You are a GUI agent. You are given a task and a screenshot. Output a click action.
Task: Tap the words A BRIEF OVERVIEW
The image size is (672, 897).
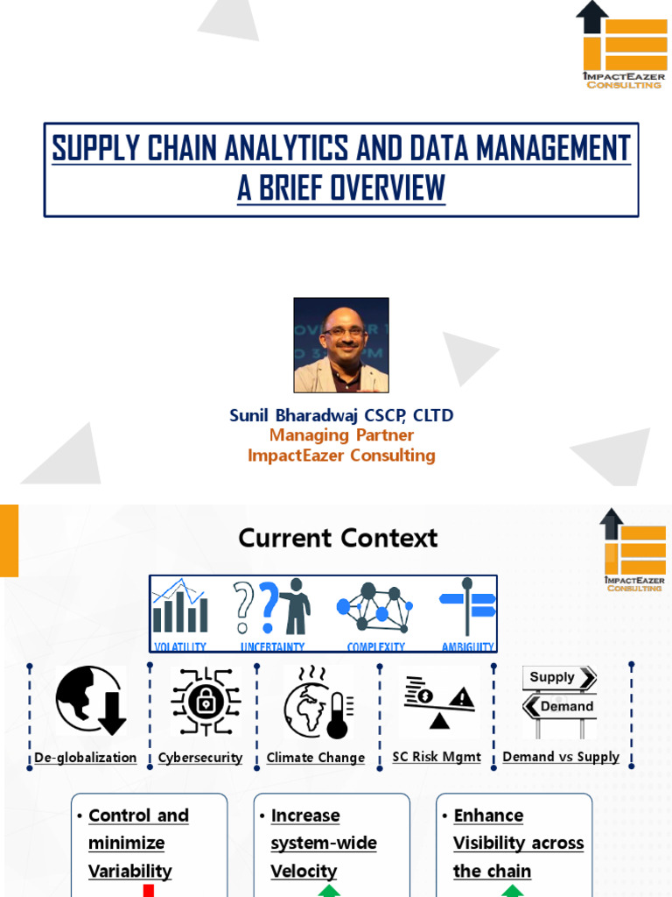point(341,188)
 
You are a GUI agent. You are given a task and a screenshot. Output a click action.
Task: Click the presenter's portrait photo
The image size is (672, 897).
point(341,345)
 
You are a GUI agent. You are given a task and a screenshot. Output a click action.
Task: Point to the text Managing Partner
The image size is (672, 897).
point(341,435)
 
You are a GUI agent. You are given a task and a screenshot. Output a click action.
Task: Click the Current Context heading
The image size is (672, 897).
point(338,538)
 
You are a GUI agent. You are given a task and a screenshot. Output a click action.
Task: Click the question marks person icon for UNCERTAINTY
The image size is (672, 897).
point(272,606)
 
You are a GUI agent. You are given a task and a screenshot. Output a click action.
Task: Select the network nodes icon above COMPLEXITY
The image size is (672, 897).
point(374,606)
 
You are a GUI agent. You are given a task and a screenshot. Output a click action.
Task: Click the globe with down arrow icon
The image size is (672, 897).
point(90,700)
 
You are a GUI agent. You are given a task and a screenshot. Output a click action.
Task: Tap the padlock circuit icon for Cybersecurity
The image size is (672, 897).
point(206,702)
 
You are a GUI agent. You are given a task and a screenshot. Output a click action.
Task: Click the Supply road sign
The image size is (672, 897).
point(559,677)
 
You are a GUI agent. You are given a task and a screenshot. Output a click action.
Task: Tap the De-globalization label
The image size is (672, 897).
point(86,758)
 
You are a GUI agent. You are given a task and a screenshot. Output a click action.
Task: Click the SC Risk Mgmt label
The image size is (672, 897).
point(437,757)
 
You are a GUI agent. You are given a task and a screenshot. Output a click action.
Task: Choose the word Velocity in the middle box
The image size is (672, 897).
point(304,871)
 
